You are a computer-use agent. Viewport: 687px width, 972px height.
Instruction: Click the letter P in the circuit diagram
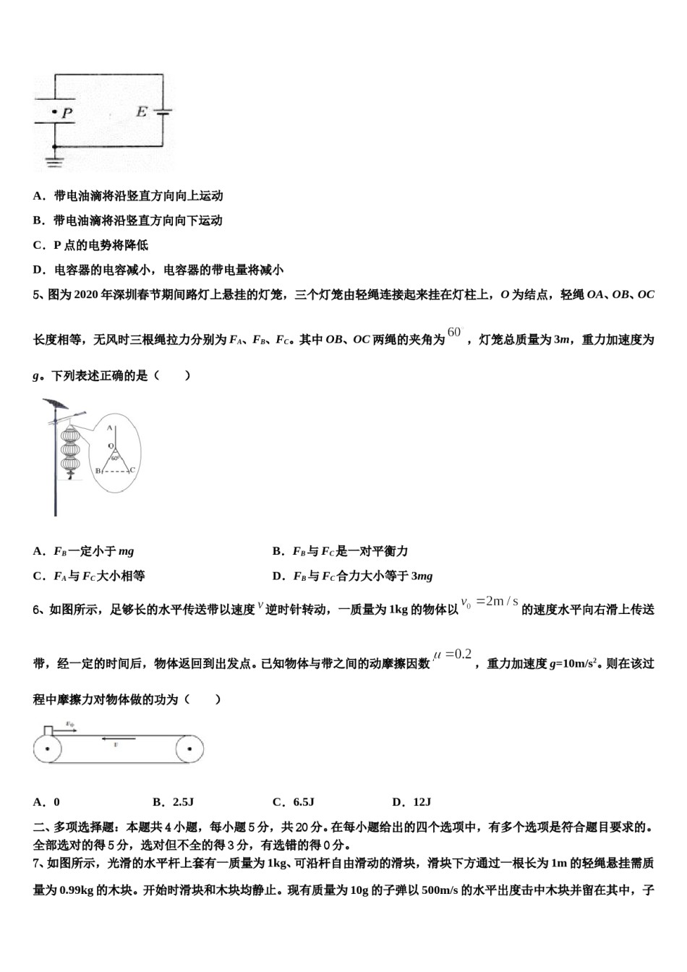(67, 113)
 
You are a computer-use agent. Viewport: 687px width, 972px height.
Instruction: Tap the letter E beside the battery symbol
(141, 111)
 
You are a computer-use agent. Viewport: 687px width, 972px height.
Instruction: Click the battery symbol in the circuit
(164, 112)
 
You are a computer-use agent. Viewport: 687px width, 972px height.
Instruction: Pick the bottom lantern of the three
(69, 464)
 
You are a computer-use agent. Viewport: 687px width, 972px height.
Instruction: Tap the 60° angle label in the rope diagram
(115, 458)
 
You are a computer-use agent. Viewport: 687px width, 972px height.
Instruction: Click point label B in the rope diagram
(98, 471)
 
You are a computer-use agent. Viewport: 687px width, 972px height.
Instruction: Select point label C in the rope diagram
(132, 470)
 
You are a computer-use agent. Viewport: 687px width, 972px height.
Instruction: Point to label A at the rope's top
(110, 427)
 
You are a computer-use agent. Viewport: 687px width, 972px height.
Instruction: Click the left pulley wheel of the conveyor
(47, 749)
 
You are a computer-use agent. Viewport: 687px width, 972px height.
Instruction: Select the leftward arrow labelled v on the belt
(114, 739)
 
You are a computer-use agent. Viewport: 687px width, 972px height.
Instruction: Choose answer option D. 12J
(411, 801)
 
